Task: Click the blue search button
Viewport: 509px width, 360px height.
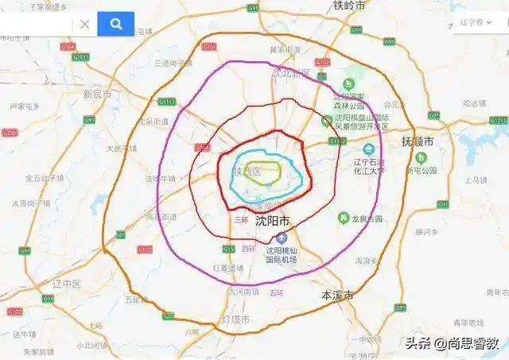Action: pyautogui.click(x=115, y=24)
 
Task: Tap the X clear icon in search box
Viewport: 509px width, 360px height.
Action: pyautogui.click(x=84, y=25)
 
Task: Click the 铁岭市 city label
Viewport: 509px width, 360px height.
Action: pyautogui.click(x=349, y=6)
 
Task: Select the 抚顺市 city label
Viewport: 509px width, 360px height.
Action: pyautogui.click(x=419, y=141)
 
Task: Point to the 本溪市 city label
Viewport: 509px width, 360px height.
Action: pyautogui.click(x=337, y=294)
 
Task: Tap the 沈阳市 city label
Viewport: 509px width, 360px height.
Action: pyautogui.click(x=273, y=222)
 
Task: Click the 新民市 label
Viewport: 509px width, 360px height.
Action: pyautogui.click(x=99, y=94)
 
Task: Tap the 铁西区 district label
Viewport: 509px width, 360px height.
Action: pyautogui.click(x=247, y=172)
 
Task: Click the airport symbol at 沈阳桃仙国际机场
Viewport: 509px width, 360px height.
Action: pyautogui.click(x=279, y=239)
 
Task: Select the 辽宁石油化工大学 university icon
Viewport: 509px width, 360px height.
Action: pyautogui.click(x=369, y=149)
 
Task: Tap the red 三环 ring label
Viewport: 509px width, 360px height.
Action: pyautogui.click(x=240, y=218)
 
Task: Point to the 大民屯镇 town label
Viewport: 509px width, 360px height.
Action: pyautogui.click(x=121, y=148)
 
